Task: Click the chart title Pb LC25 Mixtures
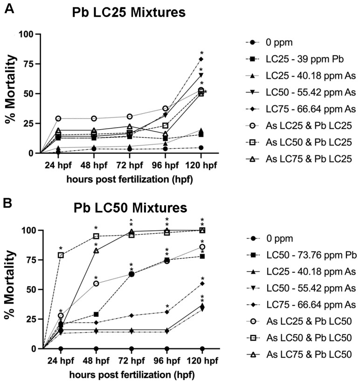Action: pyautogui.click(x=129, y=13)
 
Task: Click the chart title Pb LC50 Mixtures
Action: pyautogui.click(x=131, y=208)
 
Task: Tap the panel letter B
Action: pyautogui.click(x=7, y=203)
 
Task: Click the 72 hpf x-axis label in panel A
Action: pyautogui.click(x=130, y=165)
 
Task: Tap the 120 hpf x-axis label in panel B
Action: pyautogui.click(x=202, y=361)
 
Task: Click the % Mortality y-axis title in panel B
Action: pyautogui.click(x=10, y=284)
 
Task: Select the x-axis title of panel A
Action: pyautogui.click(x=130, y=180)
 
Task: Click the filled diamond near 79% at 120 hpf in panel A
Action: pyautogui.click(x=201, y=59)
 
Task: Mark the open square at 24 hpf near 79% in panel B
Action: pyautogui.click(x=61, y=255)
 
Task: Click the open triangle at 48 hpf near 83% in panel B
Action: pyautogui.click(x=96, y=251)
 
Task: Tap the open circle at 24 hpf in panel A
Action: pyautogui.click(x=58, y=118)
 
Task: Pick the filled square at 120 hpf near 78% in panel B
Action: pyautogui.click(x=202, y=256)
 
